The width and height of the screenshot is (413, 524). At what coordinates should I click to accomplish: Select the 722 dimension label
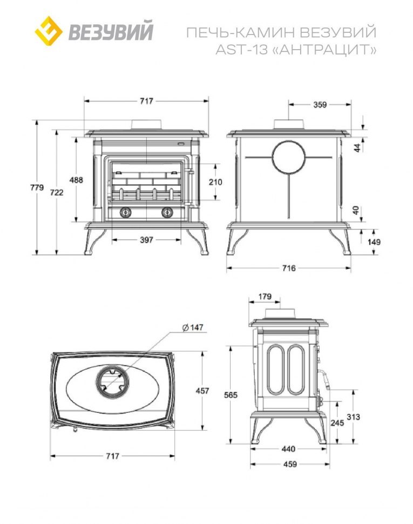[57, 192]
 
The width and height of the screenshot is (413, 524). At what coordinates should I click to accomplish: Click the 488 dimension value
[76, 180]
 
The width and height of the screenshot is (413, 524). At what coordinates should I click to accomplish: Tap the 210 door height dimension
[215, 182]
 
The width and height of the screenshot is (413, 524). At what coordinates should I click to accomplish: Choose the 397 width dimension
[147, 240]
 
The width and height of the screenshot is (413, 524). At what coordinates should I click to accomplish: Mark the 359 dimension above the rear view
[320, 105]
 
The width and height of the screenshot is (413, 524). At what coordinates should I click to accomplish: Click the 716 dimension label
[289, 268]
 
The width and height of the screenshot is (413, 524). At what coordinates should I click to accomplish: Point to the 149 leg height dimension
[374, 242]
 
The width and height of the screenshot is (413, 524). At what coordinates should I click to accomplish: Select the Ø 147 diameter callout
[192, 327]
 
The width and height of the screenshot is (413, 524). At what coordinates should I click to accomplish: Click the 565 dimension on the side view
[231, 395]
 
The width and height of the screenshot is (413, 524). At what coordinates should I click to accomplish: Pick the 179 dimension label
[265, 297]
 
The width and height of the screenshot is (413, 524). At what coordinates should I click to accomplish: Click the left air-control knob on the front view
[125, 212]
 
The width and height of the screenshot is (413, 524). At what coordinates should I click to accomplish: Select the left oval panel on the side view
[276, 370]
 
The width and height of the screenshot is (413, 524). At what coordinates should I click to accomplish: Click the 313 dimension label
[354, 417]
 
